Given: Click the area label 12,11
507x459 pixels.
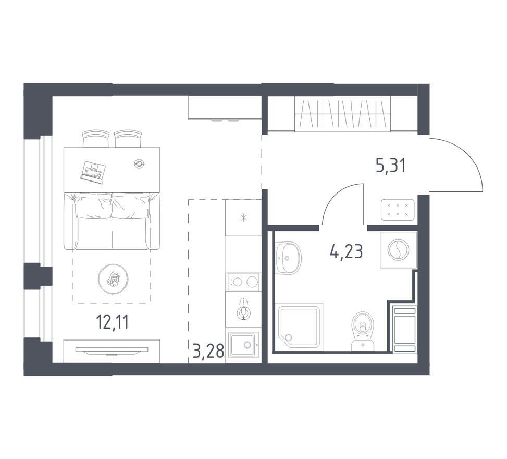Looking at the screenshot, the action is coord(113,322).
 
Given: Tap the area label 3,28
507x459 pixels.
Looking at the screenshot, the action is coord(208,351).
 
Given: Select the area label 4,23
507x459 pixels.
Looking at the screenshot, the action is coord(347,251).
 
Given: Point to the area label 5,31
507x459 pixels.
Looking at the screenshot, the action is coord(390,166).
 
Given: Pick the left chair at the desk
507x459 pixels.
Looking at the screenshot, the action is coord(96,139).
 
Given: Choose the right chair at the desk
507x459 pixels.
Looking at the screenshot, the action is coord(128,139).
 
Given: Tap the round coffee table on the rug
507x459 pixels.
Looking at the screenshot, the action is coord(113,278).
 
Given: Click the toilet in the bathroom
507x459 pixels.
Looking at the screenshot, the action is coord(363,331).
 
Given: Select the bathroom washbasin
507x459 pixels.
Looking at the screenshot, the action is coord(289,258).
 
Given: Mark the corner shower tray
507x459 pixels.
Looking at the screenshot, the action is coord(299,327).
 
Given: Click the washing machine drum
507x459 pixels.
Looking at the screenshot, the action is coord(398,250).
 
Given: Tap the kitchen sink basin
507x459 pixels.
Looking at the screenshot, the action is coord(243,345).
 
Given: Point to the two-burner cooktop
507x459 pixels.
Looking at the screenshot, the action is coord(243,282).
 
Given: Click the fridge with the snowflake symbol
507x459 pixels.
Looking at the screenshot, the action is coord(243,218).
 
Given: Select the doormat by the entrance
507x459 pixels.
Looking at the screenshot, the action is coord(398,210).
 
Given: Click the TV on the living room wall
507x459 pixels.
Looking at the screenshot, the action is coord(112,350).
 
